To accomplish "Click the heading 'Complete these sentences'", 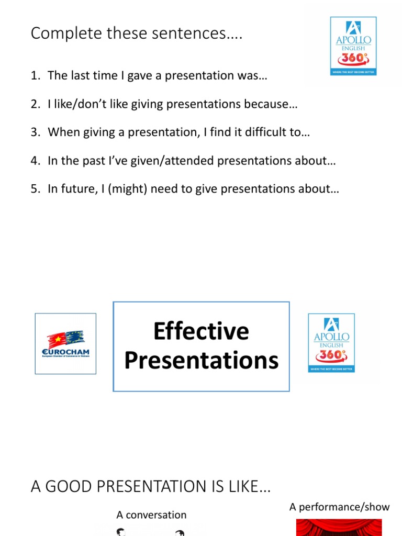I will click(x=136, y=33).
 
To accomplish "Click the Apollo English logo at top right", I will click(x=353, y=46).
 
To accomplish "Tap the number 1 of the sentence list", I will click(x=34, y=75).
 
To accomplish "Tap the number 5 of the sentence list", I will click(x=34, y=188).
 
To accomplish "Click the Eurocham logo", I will click(x=65, y=343).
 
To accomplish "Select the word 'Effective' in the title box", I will click(x=201, y=331).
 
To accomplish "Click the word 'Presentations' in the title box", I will click(x=201, y=361).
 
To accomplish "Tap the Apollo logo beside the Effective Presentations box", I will click(x=331, y=343).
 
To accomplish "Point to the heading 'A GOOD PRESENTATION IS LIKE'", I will click(x=151, y=487).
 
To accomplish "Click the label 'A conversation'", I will click(x=151, y=515).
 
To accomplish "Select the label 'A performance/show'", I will click(x=339, y=507).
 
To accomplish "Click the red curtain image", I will click(x=339, y=527).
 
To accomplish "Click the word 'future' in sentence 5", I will click(x=72, y=188).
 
